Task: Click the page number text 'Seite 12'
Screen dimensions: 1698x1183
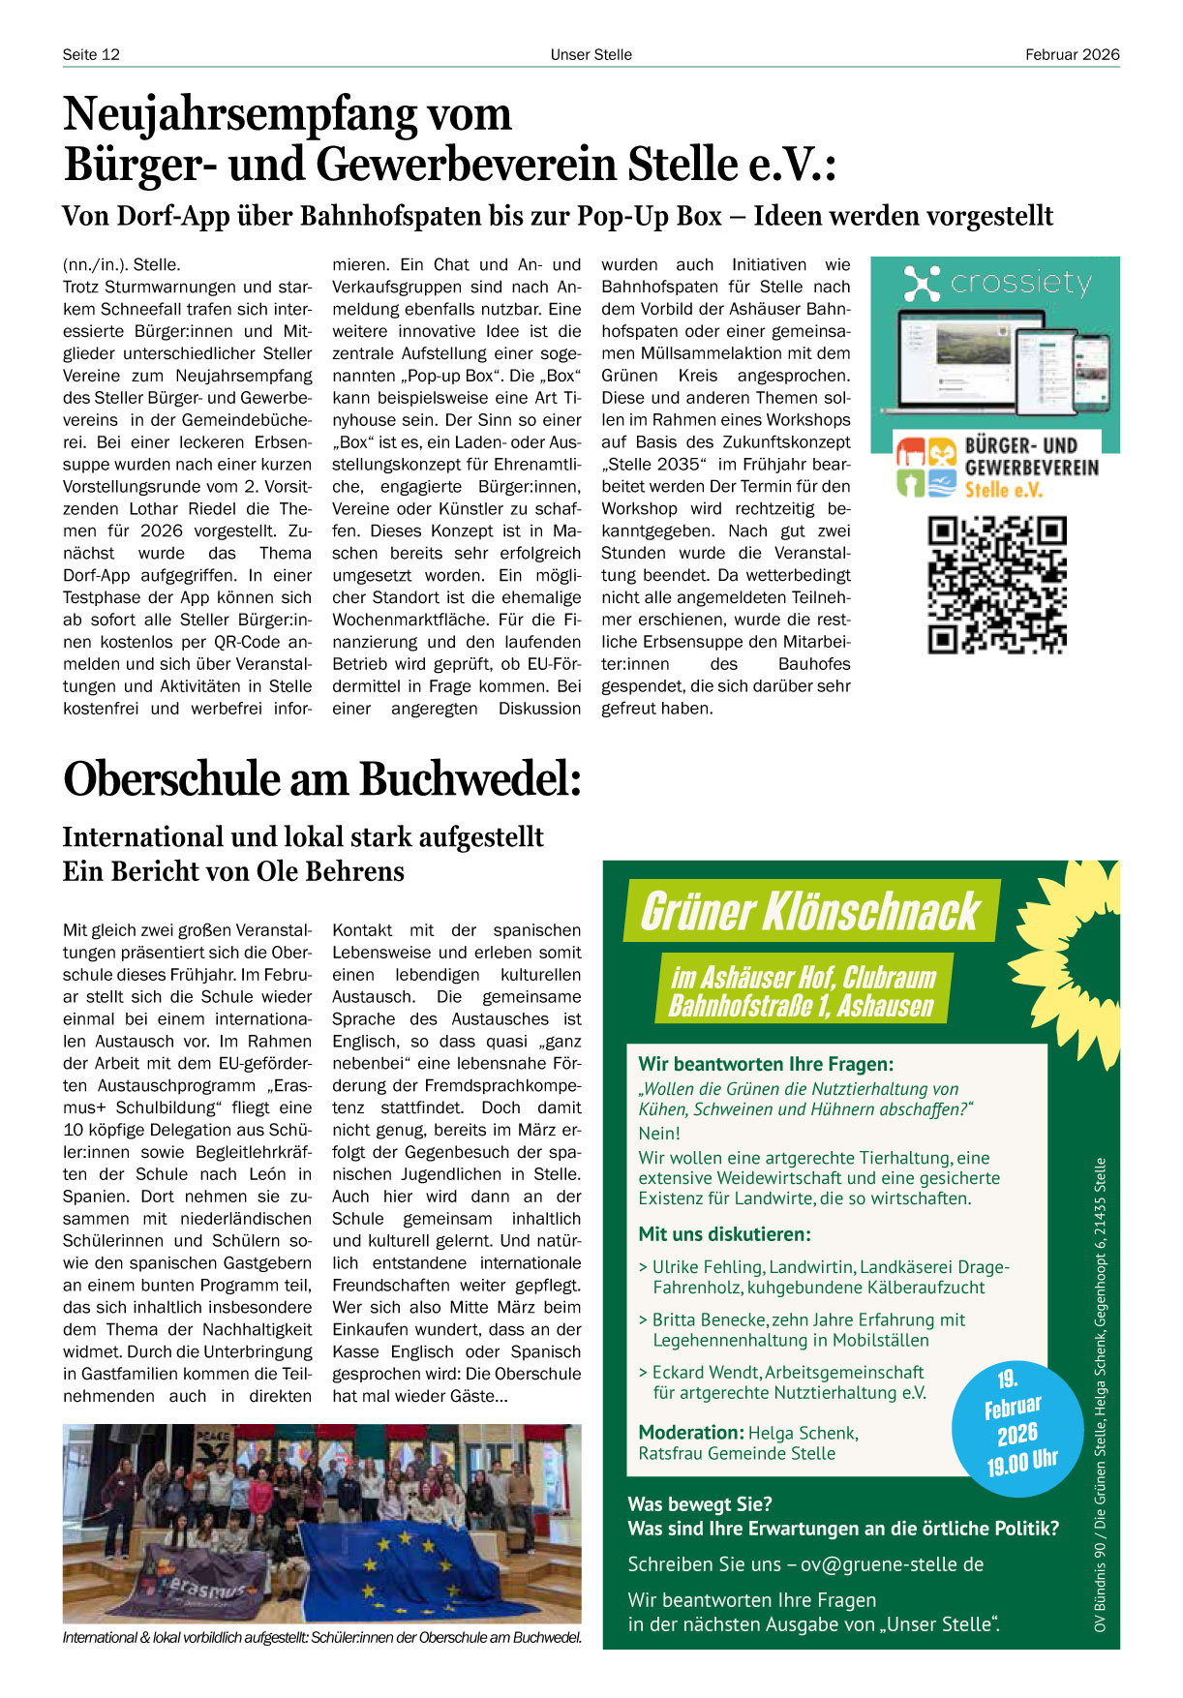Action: click(x=91, y=54)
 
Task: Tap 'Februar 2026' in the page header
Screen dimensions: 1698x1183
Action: click(x=1072, y=54)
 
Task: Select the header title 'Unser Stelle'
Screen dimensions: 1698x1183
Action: click(x=591, y=54)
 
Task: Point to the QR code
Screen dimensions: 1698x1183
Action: click(x=996, y=585)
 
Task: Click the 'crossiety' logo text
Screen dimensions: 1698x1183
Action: click(x=1020, y=283)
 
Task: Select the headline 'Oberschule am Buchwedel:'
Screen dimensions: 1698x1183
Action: click(x=322, y=778)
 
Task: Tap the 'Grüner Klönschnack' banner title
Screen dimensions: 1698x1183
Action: click(x=810, y=911)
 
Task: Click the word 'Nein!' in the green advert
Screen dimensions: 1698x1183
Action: click(x=659, y=1133)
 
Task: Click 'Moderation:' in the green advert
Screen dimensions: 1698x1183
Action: click(x=690, y=1433)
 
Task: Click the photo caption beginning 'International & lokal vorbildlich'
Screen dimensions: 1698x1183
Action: click(x=321, y=1638)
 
